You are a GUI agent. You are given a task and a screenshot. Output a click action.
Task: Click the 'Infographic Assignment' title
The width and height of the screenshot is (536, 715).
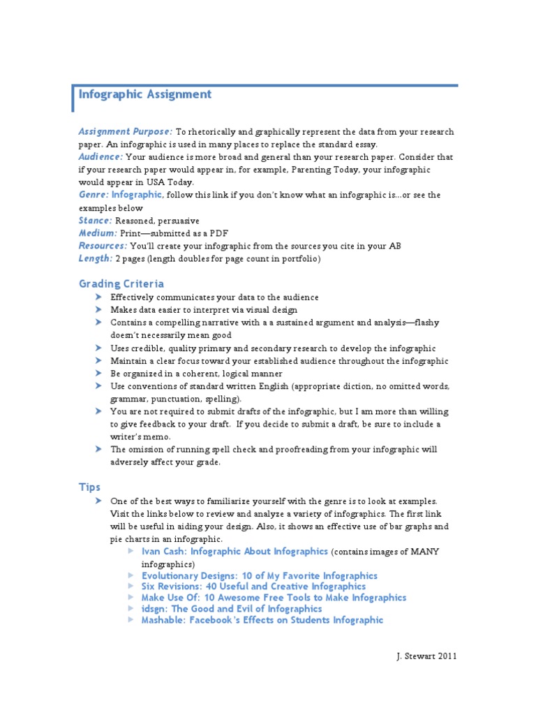pyautogui.click(x=145, y=94)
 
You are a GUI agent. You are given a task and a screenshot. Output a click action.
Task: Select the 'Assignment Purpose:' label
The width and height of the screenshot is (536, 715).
pyautogui.click(x=125, y=131)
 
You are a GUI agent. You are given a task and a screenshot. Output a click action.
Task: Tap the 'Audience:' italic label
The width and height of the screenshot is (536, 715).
pyautogui.click(x=100, y=156)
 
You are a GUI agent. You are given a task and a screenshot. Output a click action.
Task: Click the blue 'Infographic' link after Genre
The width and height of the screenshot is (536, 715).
pyautogui.click(x=137, y=195)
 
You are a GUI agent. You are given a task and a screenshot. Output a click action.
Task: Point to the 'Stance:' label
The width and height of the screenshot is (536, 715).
pyautogui.click(x=95, y=220)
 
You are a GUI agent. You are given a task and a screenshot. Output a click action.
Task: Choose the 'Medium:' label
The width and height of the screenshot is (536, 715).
pyautogui.click(x=98, y=233)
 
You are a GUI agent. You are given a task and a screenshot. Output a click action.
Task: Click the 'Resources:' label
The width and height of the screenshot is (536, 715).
pyautogui.click(x=103, y=246)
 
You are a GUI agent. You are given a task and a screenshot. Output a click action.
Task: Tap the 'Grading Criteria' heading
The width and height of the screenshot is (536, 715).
pyautogui.click(x=121, y=283)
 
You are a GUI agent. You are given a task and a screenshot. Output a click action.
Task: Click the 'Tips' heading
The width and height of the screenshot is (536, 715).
pyautogui.click(x=89, y=487)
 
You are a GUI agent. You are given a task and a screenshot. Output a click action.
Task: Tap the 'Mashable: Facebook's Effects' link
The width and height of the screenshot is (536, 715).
pyautogui.click(x=262, y=620)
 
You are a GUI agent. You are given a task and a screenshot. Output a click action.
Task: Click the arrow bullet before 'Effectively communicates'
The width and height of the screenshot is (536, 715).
pyautogui.click(x=98, y=297)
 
